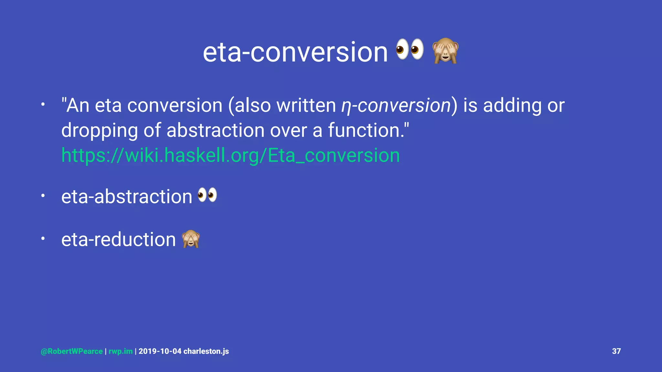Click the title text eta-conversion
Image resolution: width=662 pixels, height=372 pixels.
(x=295, y=52)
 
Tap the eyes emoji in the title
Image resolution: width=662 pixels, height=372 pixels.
(x=410, y=49)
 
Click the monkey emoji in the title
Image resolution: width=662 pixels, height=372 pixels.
(x=445, y=51)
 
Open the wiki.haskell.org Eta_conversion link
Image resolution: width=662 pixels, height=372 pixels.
(x=230, y=155)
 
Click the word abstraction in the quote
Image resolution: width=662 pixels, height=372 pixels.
(x=215, y=130)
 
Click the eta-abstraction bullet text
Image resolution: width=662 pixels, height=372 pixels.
(x=127, y=197)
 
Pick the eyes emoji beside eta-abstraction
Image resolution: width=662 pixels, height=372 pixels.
(x=207, y=195)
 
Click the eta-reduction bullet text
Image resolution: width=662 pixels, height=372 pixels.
(x=118, y=240)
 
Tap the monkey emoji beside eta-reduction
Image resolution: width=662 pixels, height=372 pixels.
(x=191, y=239)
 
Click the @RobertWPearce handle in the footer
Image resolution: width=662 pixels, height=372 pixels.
(x=72, y=351)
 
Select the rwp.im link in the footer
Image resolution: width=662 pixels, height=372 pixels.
(x=121, y=351)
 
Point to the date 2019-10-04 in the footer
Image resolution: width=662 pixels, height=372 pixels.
(x=160, y=351)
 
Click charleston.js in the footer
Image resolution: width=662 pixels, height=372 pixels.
(x=206, y=351)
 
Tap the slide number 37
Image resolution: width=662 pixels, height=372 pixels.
(x=616, y=351)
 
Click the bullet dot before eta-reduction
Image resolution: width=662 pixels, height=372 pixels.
(x=43, y=239)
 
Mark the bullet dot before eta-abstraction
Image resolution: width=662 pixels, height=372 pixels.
(x=43, y=196)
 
